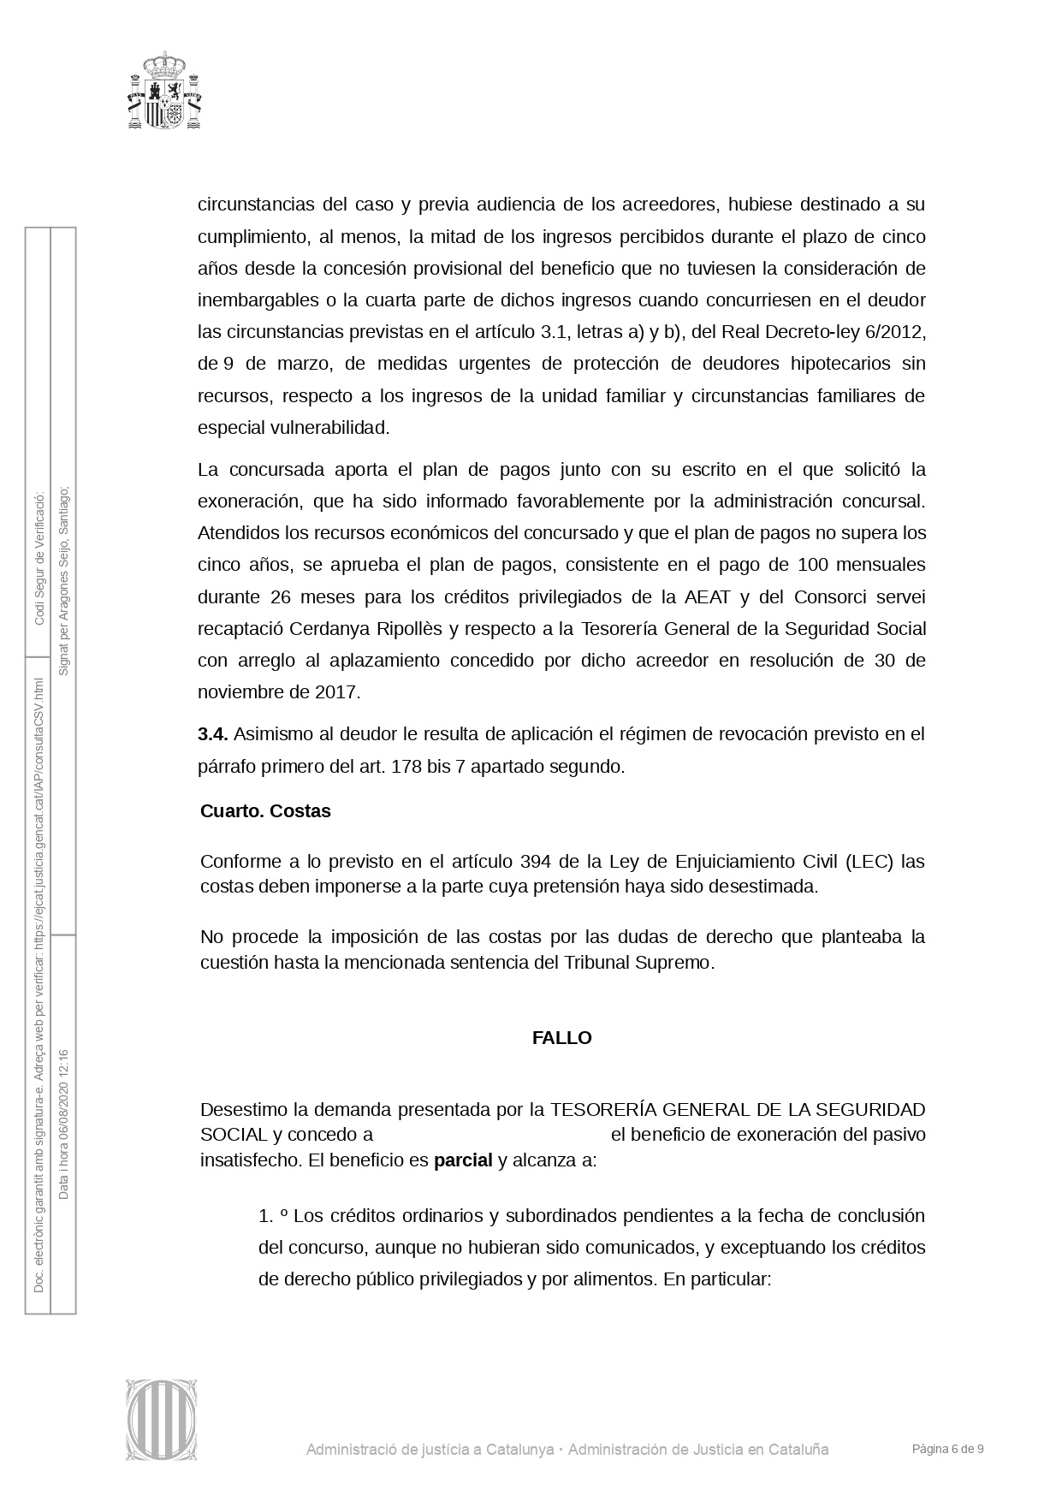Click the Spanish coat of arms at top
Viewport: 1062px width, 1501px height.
[x=165, y=91]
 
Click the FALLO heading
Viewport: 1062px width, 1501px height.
[x=561, y=1038]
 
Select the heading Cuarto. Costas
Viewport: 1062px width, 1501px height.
[x=265, y=811]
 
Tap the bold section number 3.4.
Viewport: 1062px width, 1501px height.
[x=212, y=734]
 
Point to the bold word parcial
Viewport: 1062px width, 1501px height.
[x=463, y=1160]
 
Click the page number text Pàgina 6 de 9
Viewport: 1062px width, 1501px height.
[x=947, y=1450]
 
